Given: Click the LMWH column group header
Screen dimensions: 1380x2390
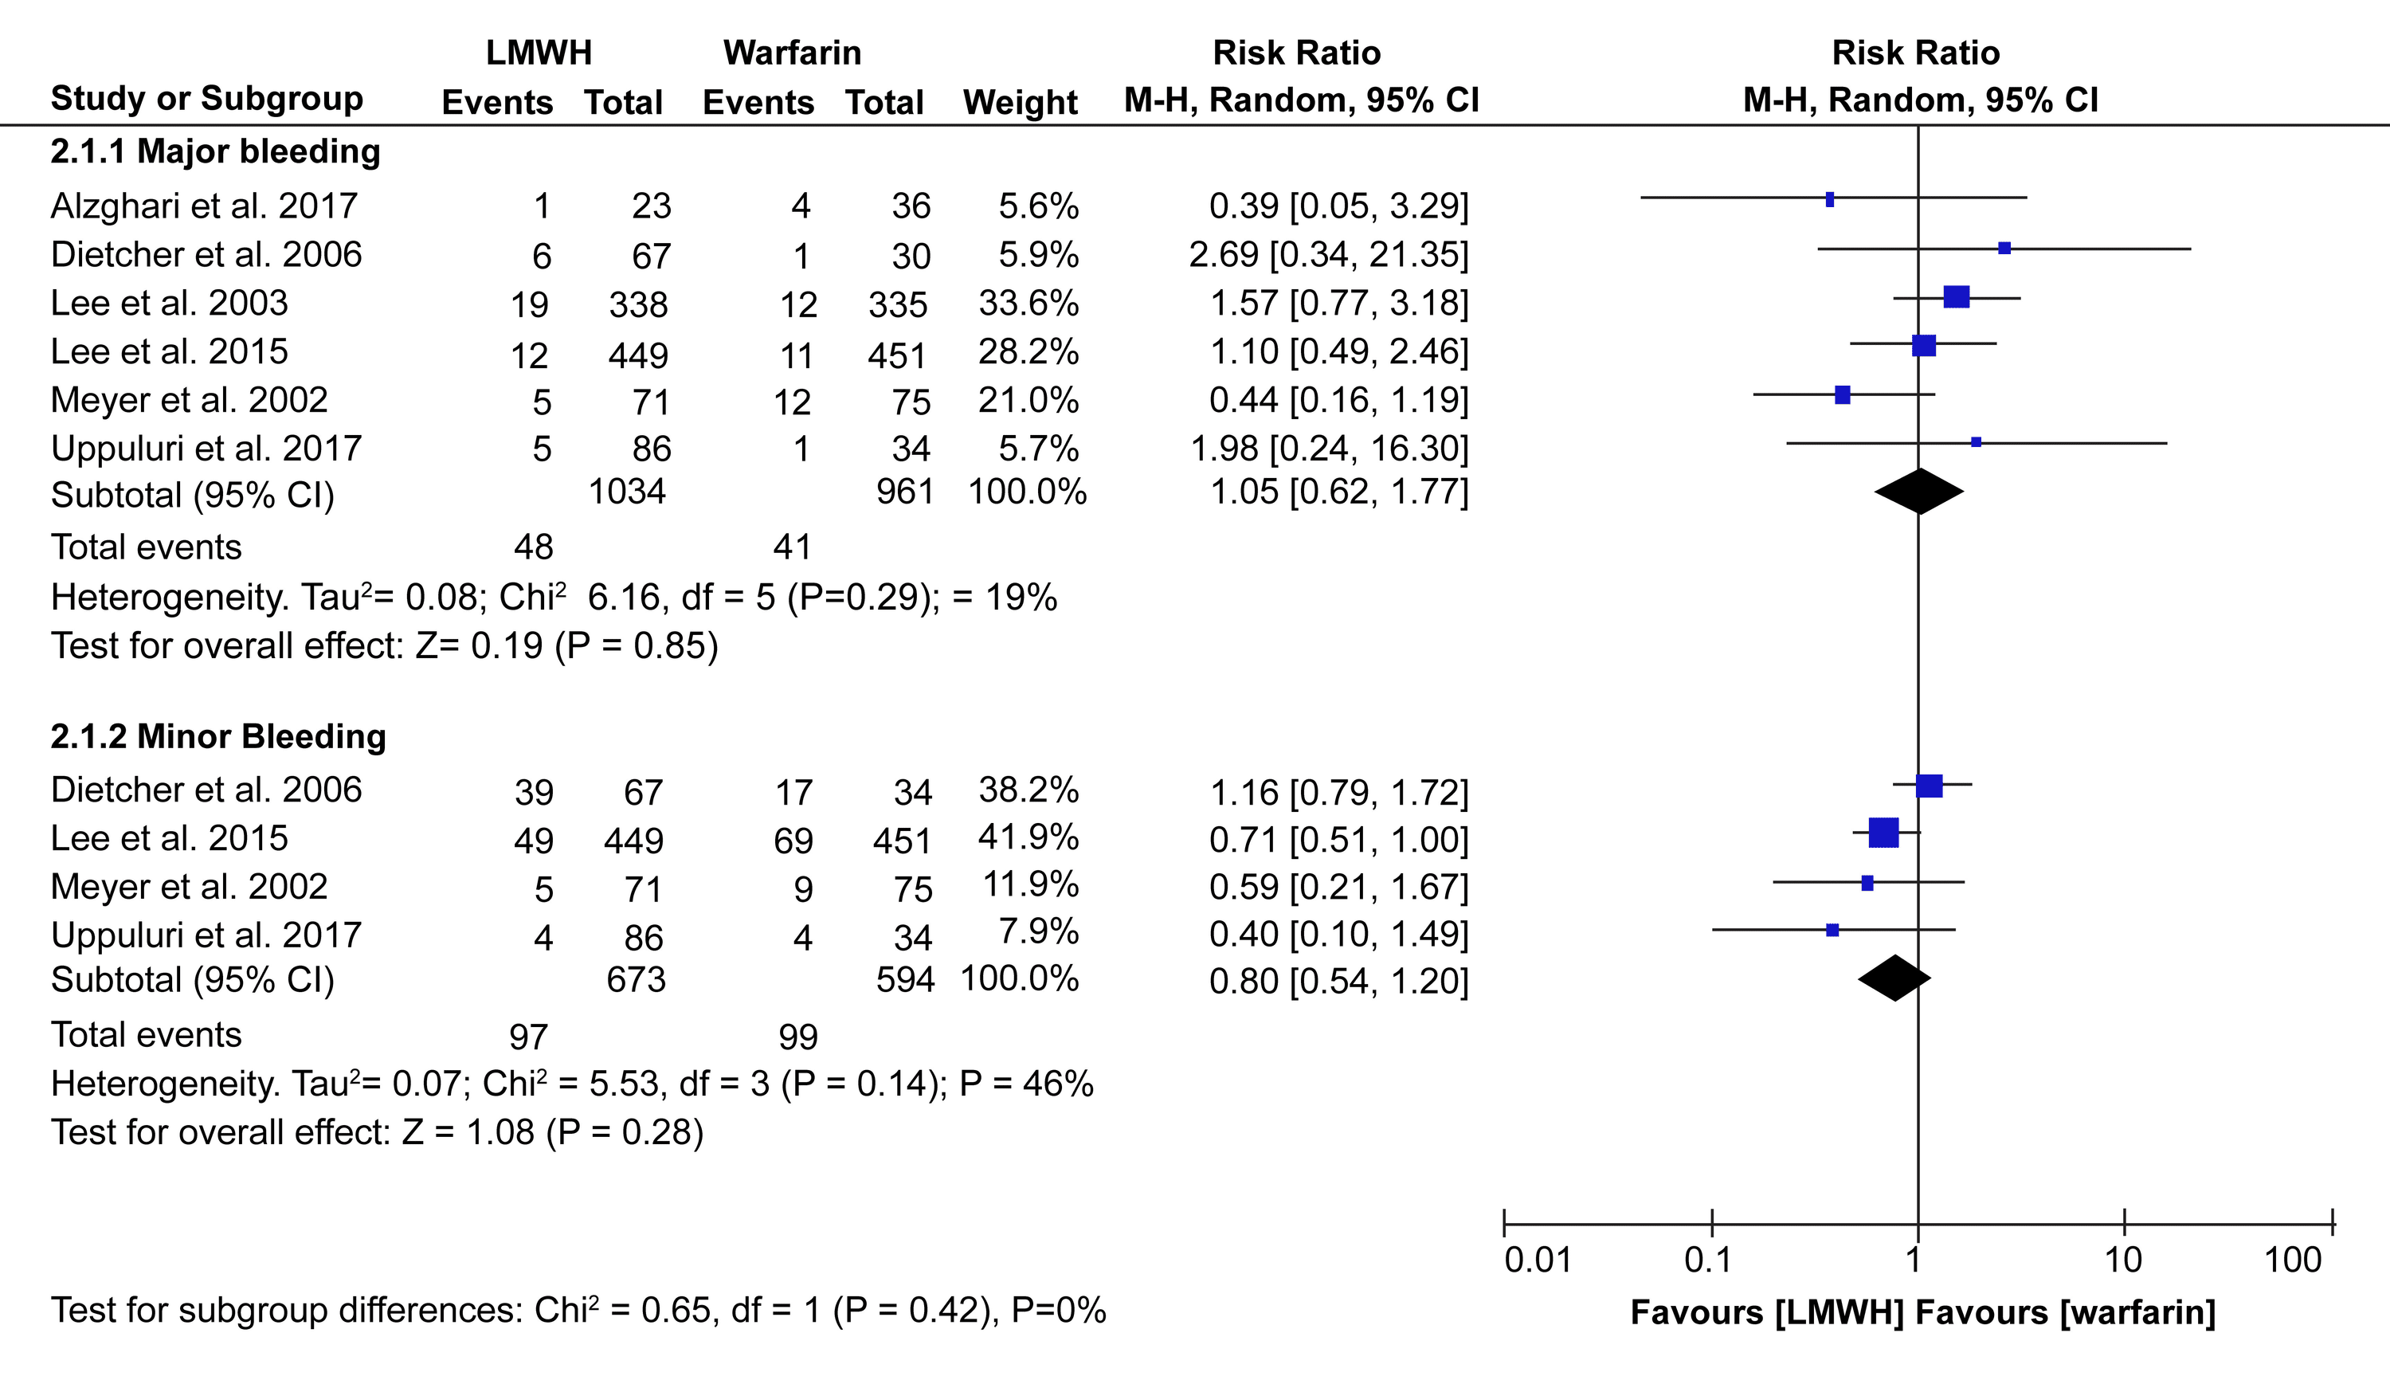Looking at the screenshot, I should (x=539, y=53).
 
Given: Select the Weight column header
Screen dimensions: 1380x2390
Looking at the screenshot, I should (x=1020, y=102).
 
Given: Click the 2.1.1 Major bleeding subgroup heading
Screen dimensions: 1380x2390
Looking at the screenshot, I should (x=215, y=151).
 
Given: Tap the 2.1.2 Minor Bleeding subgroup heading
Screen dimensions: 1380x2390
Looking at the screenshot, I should (x=218, y=736).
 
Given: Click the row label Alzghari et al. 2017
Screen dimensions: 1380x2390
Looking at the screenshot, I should (x=204, y=206).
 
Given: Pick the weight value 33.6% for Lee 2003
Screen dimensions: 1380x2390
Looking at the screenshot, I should (x=1028, y=304).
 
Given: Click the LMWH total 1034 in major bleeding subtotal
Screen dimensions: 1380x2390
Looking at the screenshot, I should (x=626, y=491).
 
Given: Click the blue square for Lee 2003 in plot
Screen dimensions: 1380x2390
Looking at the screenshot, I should (x=1956, y=296).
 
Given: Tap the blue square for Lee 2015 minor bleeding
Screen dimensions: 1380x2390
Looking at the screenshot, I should (x=1883, y=833).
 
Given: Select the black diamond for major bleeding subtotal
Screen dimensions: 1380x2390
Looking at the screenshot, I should (x=1918, y=491).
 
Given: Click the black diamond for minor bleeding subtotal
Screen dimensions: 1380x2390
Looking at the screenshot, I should (x=1894, y=978).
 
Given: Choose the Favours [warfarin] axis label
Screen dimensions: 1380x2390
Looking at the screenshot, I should (x=2065, y=1313).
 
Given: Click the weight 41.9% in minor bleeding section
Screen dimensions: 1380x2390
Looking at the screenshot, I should (x=1028, y=838).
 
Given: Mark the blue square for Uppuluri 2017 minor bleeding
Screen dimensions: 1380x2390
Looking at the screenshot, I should (x=1832, y=930).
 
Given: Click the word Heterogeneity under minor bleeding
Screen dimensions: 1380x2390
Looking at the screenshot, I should (x=164, y=1084).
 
